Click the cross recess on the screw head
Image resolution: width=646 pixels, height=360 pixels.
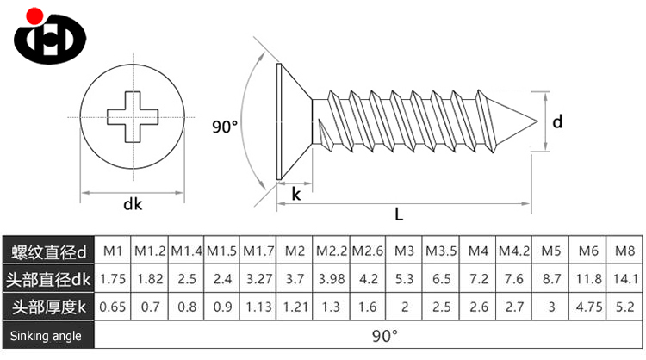click(134, 116)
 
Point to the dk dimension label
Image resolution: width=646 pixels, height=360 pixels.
click(133, 204)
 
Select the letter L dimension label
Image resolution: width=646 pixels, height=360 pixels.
click(399, 214)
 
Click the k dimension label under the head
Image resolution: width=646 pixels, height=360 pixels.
click(296, 194)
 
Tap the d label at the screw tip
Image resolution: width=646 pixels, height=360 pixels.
click(557, 122)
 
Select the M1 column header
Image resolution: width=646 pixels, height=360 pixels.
click(112, 251)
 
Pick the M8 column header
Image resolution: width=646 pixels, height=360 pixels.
click(625, 251)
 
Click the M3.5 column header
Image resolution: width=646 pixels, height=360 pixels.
click(441, 251)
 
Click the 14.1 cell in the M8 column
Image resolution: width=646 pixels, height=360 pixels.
click(625, 279)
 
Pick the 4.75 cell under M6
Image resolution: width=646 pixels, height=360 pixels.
click(588, 307)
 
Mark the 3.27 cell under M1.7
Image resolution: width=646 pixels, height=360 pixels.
click(258, 279)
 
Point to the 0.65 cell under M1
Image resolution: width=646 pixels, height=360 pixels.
click(112, 307)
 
